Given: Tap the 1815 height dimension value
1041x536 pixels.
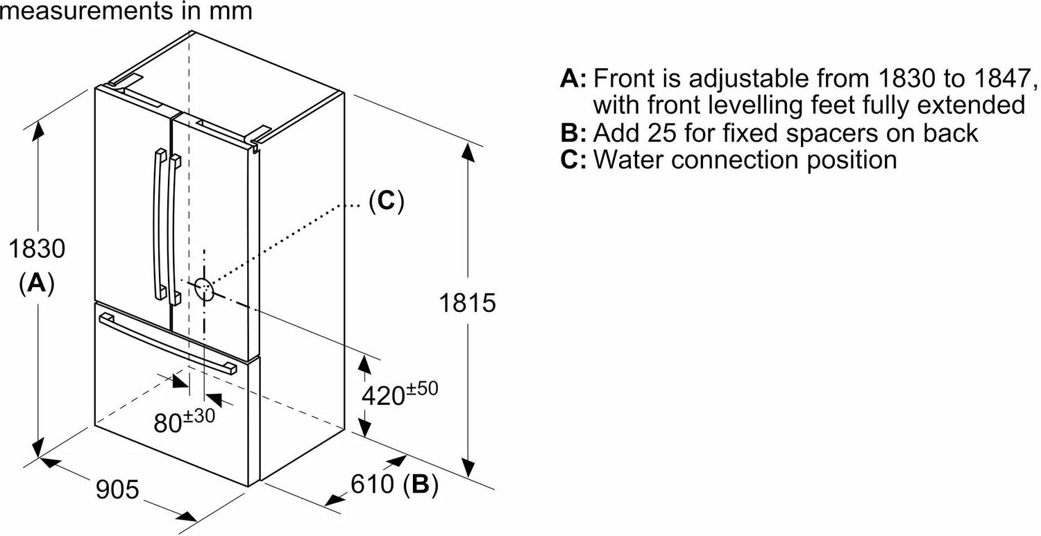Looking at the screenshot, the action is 468,303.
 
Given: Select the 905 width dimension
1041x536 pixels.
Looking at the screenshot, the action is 117,490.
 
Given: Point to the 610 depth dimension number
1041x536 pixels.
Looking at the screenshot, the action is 372,484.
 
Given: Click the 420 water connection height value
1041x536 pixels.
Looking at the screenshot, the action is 383,396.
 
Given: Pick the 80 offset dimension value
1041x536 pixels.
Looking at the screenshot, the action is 167,423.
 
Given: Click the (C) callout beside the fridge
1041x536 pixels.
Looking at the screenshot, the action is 387,202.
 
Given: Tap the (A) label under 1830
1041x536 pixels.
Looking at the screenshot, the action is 37,284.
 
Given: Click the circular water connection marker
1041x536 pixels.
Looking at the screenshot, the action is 204,289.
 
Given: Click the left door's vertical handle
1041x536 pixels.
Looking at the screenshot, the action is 160,224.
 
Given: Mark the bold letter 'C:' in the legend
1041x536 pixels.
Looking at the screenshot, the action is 573,159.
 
